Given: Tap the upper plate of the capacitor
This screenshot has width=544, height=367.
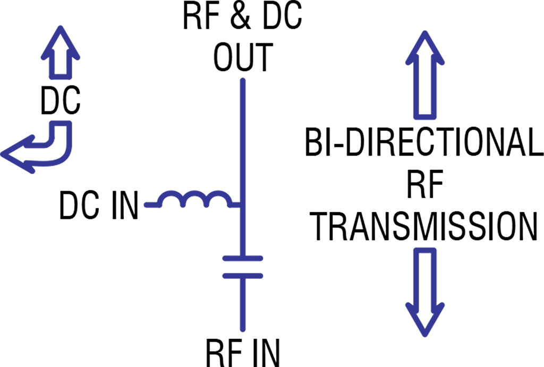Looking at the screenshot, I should click(243, 259).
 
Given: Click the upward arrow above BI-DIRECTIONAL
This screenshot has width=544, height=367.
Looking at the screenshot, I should click(425, 74).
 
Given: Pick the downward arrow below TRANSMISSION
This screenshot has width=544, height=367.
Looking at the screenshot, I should click(425, 292).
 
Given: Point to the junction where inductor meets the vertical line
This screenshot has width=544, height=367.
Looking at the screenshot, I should click(243, 206).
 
